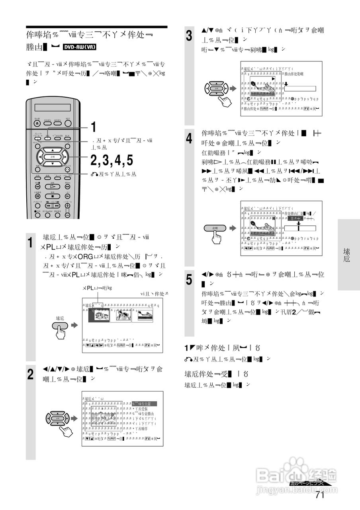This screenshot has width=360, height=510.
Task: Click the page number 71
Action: pyautogui.click(x=319, y=495)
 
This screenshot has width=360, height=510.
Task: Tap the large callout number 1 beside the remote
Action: pyautogui.click(x=93, y=127)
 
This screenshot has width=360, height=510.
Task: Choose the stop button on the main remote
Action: pyautogui.click(x=53, y=196)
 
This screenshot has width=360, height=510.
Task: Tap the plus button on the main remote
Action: pyautogui.click(x=67, y=206)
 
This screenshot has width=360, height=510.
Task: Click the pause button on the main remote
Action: pyautogui.click(x=37, y=196)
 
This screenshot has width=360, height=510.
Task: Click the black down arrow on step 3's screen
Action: pyautogui.click(x=286, y=84)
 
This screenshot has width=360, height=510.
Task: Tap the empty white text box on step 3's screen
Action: pyautogui.click(x=300, y=89)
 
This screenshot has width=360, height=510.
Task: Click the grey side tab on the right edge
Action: pyautogui.click(x=348, y=255)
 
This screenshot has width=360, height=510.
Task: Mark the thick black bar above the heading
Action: pyautogui.click(x=97, y=27)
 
